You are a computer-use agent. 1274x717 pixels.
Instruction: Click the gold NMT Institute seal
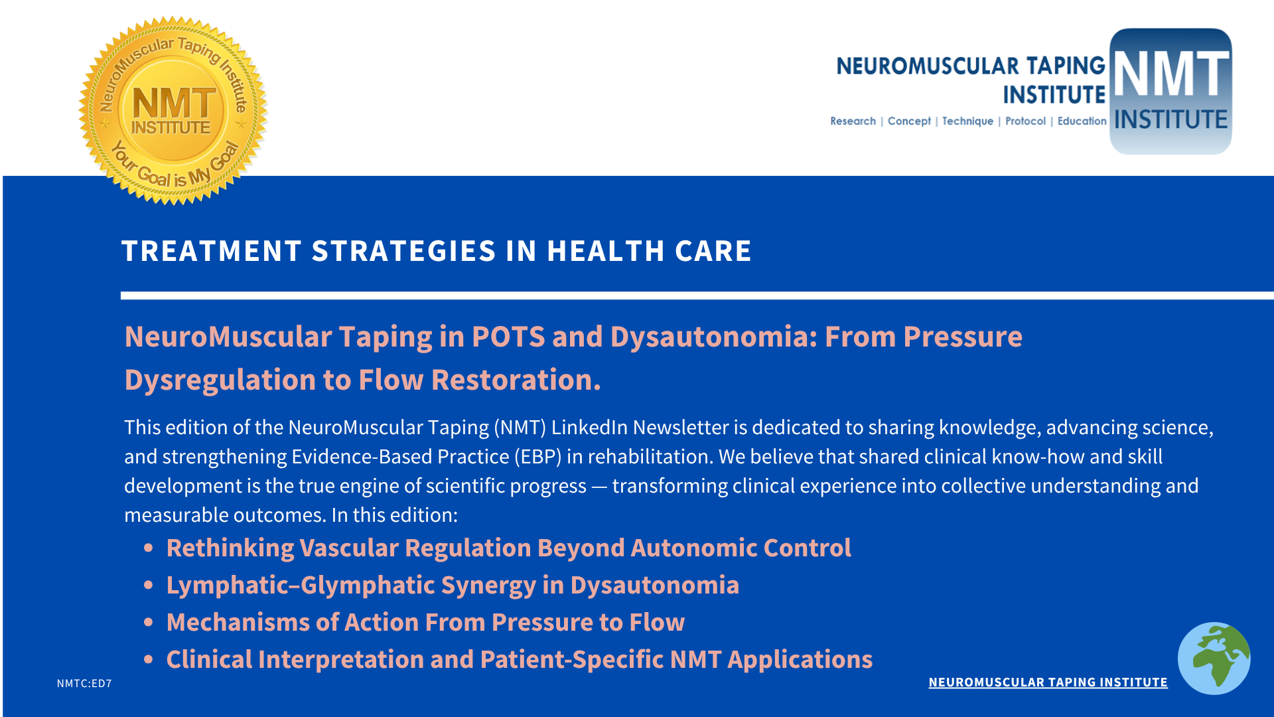pos(173,111)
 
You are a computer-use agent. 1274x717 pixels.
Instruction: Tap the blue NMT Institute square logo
pos(1170,92)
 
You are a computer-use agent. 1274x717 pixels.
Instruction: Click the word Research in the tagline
pos(853,121)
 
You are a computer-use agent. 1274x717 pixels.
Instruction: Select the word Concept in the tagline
pos(909,121)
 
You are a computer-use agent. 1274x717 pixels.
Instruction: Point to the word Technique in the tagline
pos(967,121)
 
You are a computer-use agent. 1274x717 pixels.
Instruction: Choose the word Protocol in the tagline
pos(1025,121)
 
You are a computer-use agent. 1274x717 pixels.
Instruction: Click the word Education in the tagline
pos(1082,121)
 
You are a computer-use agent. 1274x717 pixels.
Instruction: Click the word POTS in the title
pos(508,337)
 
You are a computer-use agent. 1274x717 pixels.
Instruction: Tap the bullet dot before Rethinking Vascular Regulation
pos(149,548)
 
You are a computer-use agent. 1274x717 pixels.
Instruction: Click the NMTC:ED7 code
pos(84,683)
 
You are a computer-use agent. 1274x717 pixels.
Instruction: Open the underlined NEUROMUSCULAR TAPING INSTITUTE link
pos(1048,682)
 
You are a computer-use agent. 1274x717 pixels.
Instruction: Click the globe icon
pos(1214,658)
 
